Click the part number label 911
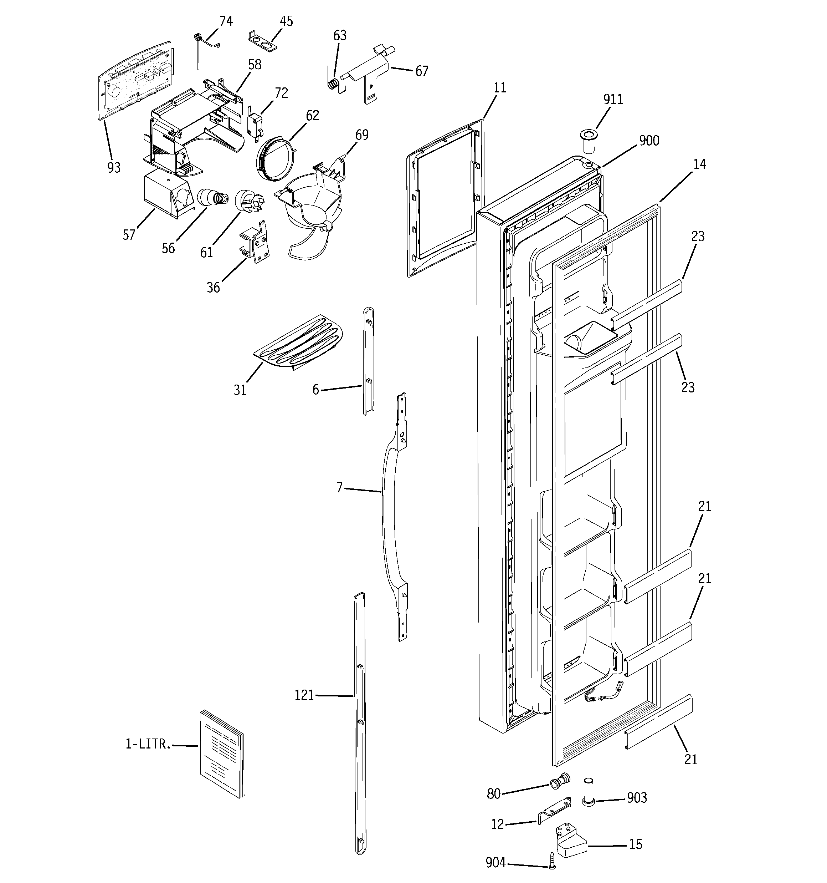[613, 100]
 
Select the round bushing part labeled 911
[589, 140]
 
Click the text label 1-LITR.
[148, 745]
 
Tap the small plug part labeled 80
[560, 782]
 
